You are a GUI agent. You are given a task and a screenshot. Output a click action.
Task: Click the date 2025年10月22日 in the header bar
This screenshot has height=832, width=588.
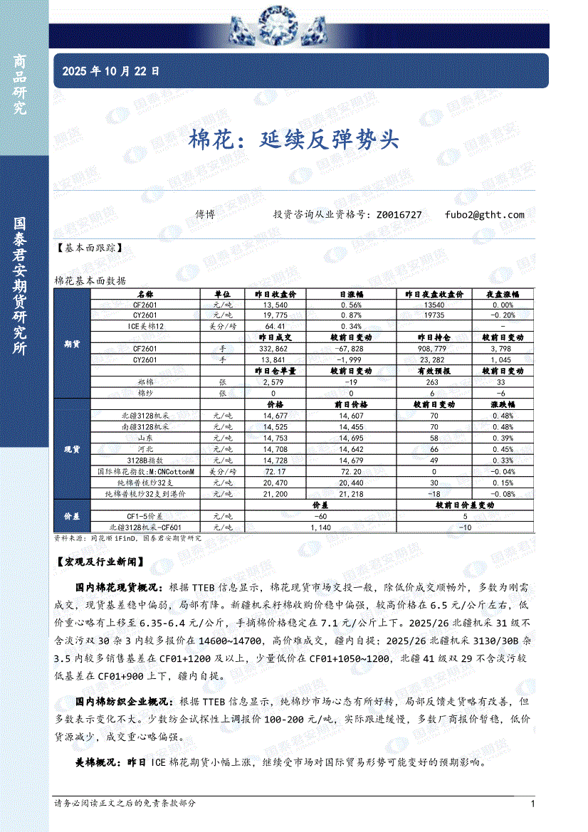pos(111,71)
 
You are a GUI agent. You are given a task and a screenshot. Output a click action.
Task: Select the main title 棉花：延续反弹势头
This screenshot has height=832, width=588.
pos(293,139)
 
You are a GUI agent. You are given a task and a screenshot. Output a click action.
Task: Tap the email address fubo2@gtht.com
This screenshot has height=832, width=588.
pos(484,214)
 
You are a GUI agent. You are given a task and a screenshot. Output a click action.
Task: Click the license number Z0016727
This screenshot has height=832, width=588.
pos(398,214)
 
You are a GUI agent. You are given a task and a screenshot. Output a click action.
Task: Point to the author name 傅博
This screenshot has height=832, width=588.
pos(206,214)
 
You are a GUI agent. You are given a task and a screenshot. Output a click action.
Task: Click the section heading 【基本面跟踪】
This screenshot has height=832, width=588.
pos(88,248)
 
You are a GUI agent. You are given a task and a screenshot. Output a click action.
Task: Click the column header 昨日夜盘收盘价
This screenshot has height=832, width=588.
pos(434,294)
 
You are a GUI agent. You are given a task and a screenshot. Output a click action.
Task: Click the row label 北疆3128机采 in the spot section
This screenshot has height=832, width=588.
pos(145,415)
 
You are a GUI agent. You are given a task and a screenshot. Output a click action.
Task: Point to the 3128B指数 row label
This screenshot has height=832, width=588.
pos(145,460)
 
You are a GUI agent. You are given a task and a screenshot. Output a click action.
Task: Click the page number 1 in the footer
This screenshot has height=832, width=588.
pos(532,804)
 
